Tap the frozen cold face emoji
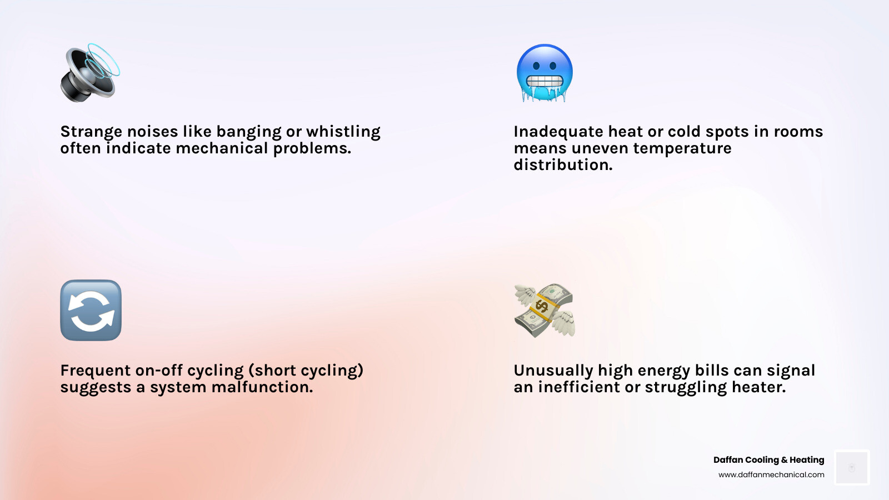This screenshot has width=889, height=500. pos(545,73)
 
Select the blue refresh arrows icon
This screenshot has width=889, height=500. pos(91,310)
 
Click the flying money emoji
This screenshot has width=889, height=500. pos(545,310)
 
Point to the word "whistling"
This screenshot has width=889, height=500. pos(343,132)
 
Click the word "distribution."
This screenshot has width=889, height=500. pos(563,165)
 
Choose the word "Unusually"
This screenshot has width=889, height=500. pos(553,371)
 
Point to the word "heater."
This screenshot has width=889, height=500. pos(758,387)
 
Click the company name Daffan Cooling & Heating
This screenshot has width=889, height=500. pos(768,460)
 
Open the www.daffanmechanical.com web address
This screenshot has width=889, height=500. pos(771,475)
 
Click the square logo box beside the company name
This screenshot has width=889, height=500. pos(852,468)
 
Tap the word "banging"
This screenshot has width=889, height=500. pos(248,132)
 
